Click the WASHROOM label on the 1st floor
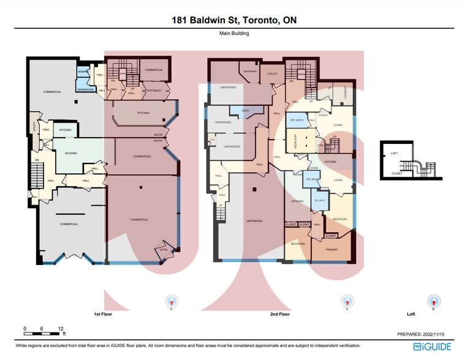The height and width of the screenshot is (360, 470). pos(85,90)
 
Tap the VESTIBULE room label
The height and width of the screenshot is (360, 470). pos(152,91)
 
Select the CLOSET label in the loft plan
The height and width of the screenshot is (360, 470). pos(397,174)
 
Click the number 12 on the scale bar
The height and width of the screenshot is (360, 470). pos(61,329)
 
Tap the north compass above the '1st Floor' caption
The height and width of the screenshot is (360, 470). pos(172,301)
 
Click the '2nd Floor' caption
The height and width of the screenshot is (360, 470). pos(279,314)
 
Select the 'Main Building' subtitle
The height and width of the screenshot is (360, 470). pos(235,34)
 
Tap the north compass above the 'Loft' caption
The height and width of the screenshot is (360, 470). pos(434,301)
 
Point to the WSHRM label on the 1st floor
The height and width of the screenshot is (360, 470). pos(82,72)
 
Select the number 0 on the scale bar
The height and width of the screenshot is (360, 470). pos(25,329)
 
